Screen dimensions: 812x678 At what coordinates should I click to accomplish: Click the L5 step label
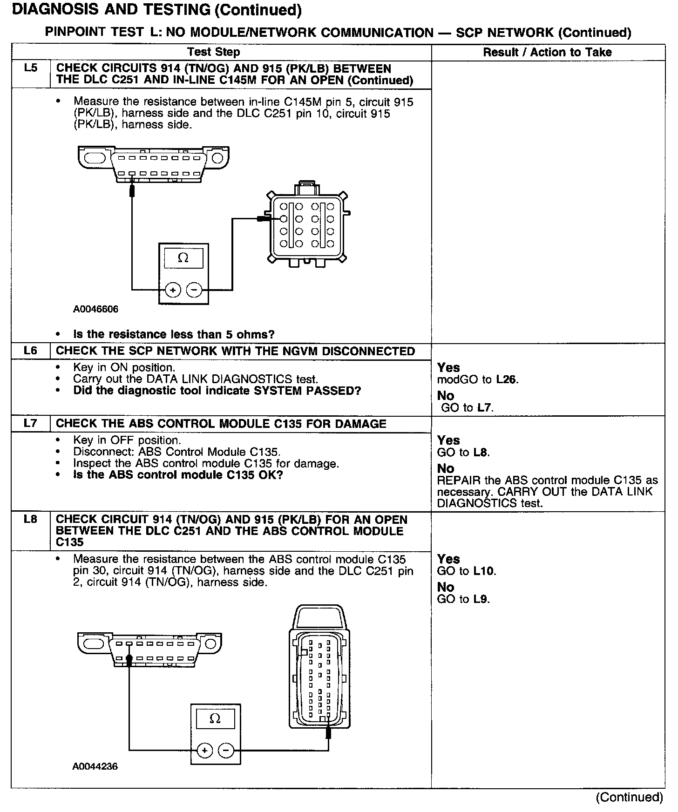tap(30, 68)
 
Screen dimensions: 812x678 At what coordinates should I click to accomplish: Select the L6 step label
tap(30, 351)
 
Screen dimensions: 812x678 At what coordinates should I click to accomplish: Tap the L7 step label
tap(30, 423)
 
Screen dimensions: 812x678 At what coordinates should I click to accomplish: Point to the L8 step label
tap(30, 519)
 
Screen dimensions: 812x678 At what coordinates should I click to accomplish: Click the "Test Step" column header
tap(214, 52)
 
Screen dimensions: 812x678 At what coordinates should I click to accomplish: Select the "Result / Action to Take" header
tap(547, 52)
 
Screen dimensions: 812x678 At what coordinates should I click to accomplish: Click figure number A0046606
tap(95, 309)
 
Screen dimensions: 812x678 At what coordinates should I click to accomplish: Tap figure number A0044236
tap(95, 766)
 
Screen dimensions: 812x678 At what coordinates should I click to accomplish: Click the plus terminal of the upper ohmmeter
tap(173, 290)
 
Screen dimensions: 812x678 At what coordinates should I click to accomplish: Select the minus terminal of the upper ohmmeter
tap(194, 290)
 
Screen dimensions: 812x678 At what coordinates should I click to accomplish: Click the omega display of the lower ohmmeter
tap(215, 719)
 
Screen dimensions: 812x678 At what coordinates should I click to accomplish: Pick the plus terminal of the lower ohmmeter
tap(204, 750)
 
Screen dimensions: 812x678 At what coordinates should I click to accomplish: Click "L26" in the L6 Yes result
tap(506, 379)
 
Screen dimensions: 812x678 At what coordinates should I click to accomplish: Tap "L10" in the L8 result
tap(484, 571)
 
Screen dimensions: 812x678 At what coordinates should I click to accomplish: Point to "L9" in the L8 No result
tap(481, 599)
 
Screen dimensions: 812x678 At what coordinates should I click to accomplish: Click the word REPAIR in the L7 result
tap(455, 480)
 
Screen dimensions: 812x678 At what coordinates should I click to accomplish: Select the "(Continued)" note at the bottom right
tap(629, 797)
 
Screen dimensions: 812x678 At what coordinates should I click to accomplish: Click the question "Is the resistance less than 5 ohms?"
tap(174, 334)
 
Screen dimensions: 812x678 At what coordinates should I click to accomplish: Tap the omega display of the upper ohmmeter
tap(183, 258)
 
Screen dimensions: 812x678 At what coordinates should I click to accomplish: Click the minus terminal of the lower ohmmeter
tap(226, 750)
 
